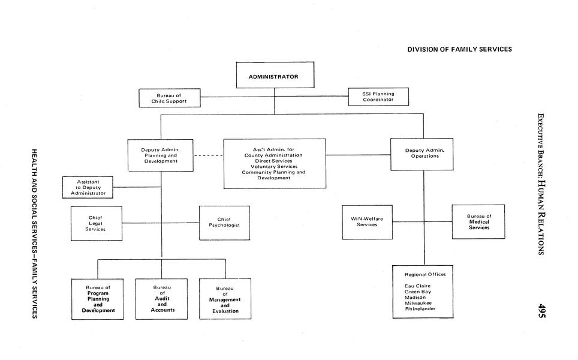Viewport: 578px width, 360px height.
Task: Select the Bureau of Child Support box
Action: tap(169, 98)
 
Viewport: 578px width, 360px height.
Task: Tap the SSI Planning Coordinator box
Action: tap(378, 97)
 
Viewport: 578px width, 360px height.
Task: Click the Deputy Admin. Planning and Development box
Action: tap(160, 155)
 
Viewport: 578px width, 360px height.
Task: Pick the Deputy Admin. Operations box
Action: tap(422, 154)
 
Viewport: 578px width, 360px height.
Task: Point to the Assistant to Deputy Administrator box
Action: tap(88, 187)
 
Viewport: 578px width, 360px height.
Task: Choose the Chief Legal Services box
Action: tap(96, 223)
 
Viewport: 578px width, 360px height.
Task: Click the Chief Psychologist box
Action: tap(224, 223)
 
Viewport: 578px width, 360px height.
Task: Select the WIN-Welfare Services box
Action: tap(367, 222)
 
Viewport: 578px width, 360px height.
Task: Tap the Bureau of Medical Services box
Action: tap(478, 222)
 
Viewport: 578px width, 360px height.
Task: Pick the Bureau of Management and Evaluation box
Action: tap(225, 299)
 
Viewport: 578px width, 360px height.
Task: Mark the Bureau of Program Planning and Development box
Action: tap(98, 299)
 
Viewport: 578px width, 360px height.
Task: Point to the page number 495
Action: tap(541, 311)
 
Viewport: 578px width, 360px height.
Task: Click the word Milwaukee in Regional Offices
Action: tap(419, 303)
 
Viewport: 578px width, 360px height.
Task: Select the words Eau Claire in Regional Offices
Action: tap(417, 286)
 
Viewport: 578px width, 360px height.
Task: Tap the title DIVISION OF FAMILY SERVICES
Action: tap(459, 49)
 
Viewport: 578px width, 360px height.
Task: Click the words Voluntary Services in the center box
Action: tap(274, 166)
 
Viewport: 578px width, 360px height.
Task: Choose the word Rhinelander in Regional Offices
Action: tap(420, 309)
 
